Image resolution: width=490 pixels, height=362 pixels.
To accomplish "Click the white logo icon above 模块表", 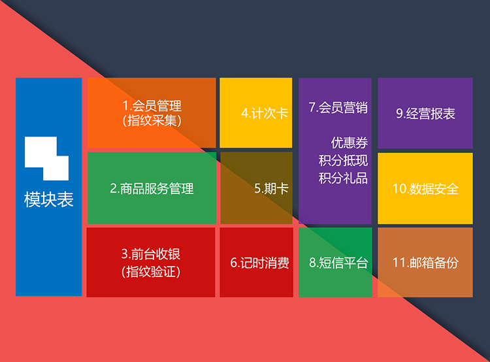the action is click(x=46, y=158).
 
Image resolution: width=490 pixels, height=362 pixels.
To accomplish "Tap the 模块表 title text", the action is click(x=49, y=199).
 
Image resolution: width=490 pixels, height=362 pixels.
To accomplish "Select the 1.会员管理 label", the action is click(x=152, y=106).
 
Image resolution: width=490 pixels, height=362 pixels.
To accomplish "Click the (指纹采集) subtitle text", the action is click(x=152, y=121).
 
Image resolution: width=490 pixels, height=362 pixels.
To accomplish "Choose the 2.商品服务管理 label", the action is click(x=152, y=188).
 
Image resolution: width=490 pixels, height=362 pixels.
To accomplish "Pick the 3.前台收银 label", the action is click(x=151, y=254).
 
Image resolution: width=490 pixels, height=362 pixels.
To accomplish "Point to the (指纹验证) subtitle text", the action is click(x=151, y=271).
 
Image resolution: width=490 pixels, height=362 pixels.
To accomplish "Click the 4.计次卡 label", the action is click(x=265, y=113).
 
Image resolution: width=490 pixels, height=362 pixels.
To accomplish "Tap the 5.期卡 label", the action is click(x=271, y=188).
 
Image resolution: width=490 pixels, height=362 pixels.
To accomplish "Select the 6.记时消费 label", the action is click(x=259, y=263).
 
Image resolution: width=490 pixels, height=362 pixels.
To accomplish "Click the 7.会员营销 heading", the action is click(x=338, y=107).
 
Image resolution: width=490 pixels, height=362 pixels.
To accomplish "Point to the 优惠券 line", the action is click(x=350, y=143).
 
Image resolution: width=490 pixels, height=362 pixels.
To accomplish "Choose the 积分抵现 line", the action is click(x=343, y=161).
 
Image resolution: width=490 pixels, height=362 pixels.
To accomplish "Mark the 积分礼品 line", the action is click(x=343, y=178).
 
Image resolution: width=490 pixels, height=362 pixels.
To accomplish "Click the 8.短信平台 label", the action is click(x=338, y=263).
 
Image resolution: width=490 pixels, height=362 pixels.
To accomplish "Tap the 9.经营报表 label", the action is click(x=425, y=114).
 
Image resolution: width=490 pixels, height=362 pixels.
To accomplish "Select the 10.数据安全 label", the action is click(x=425, y=189).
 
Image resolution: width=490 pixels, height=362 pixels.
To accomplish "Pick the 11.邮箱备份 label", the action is click(x=425, y=263).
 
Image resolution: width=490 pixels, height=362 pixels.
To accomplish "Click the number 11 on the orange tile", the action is click(x=399, y=263).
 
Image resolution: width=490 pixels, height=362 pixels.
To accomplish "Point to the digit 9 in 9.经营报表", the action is click(x=400, y=114).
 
